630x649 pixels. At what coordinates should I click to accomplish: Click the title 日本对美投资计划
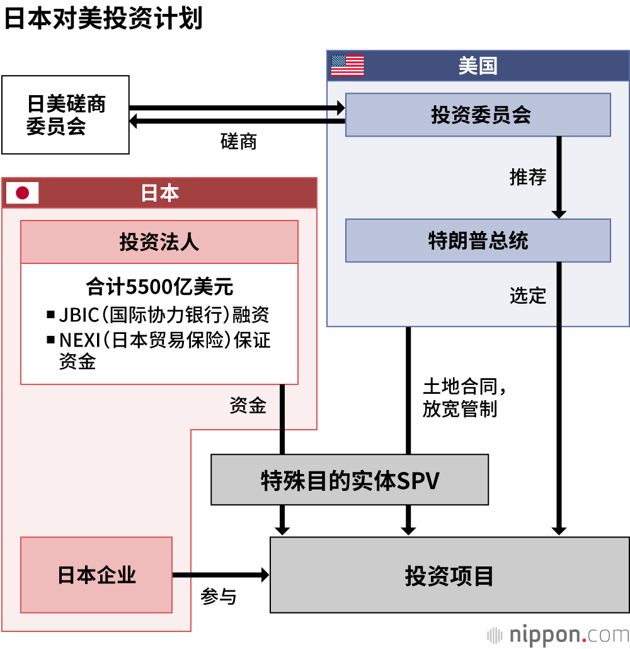pos(103,19)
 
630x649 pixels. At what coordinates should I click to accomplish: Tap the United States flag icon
pos(347,66)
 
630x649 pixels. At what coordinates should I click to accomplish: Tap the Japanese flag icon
pos(23,193)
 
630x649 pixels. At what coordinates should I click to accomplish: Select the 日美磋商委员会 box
pos(66,115)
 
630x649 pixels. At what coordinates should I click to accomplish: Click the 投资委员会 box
pos(478,115)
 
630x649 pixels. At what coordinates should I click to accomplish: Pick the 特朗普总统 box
pos(478,241)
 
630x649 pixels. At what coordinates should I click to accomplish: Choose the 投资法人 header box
pos(159,242)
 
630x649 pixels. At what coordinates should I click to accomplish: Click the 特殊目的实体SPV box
pos(350,480)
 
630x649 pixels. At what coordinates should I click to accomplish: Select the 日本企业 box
pos(96,575)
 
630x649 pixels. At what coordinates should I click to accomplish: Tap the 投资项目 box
pos(449,575)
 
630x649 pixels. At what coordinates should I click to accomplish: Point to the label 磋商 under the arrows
pos(239,141)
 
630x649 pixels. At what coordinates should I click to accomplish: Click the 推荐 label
pos(528,177)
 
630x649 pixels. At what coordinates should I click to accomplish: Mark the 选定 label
pos(528,295)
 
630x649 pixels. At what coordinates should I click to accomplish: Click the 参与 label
pos(219,596)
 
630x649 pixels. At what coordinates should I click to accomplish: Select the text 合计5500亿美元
pos(159,287)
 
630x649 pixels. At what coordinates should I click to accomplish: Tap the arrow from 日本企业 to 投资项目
pos(220,575)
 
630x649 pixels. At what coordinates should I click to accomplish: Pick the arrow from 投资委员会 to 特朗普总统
pos(559,177)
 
